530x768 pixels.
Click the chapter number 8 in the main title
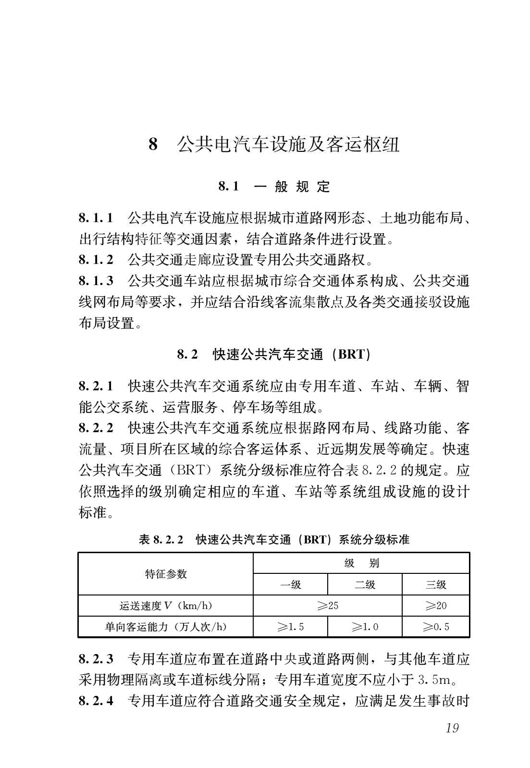click(x=153, y=144)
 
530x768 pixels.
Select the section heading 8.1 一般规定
click(x=274, y=186)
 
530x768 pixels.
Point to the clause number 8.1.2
click(x=96, y=260)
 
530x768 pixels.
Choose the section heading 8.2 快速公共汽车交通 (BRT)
click(x=274, y=355)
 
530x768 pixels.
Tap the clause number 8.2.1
click(x=96, y=386)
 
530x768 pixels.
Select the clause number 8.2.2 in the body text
click(x=96, y=428)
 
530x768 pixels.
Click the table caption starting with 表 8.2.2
click(x=274, y=539)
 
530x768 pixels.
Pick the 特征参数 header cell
click(x=166, y=574)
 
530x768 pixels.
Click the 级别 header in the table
click(x=361, y=563)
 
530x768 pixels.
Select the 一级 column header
click(x=290, y=584)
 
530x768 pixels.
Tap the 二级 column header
click(x=365, y=584)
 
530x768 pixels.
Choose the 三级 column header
click(x=436, y=584)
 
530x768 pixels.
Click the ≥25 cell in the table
click(x=328, y=606)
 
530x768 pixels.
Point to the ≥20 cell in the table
click(x=436, y=606)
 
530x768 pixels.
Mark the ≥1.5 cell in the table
click(x=290, y=627)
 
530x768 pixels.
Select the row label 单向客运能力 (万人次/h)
click(x=166, y=627)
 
